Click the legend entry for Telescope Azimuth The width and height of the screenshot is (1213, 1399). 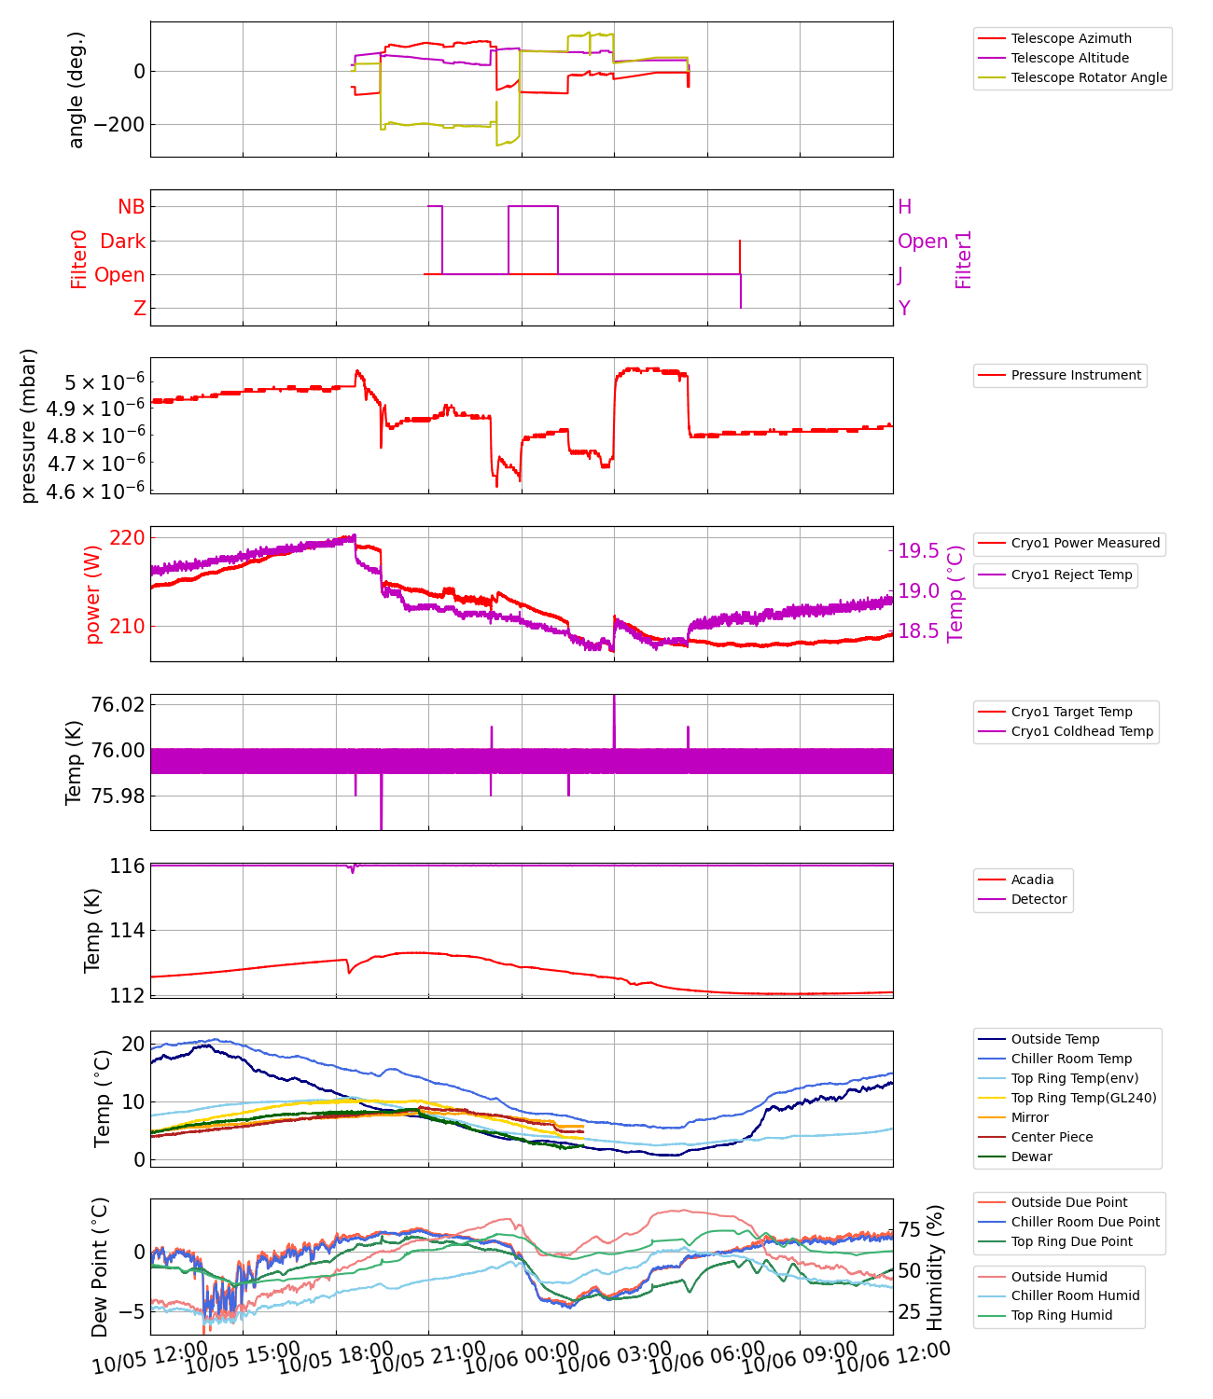click(1070, 38)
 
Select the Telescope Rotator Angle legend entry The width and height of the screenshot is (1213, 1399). click(1088, 77)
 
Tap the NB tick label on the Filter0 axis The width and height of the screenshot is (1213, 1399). click(131, 207)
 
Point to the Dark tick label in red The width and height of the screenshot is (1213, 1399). click(123, 241)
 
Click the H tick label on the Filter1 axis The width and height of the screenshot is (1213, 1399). click(904, 207)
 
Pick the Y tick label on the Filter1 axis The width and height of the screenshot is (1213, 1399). click(903, 308)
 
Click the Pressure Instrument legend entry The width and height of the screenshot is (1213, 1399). click(1075, 375)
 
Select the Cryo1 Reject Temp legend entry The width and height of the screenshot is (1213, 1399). click(1071, 575)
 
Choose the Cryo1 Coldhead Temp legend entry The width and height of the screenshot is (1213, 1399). click(1081, 731)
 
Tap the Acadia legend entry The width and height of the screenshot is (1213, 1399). click(1032, 880)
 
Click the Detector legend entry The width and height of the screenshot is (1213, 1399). click(1039, 899)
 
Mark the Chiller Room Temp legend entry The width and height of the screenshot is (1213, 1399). click(1070, 1059)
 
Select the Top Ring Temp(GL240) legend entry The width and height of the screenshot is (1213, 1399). click(1083, 1098)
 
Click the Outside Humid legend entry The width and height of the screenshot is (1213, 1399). click(1059, 1277)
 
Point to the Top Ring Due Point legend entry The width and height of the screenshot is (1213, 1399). click(1071, 1241)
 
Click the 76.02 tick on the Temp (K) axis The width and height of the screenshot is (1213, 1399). click(118, 704)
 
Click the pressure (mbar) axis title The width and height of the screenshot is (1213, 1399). click(29, 425)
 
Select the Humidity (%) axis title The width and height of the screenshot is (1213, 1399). click(935, 1267)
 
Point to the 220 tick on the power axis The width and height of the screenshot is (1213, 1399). click(127, 537)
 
